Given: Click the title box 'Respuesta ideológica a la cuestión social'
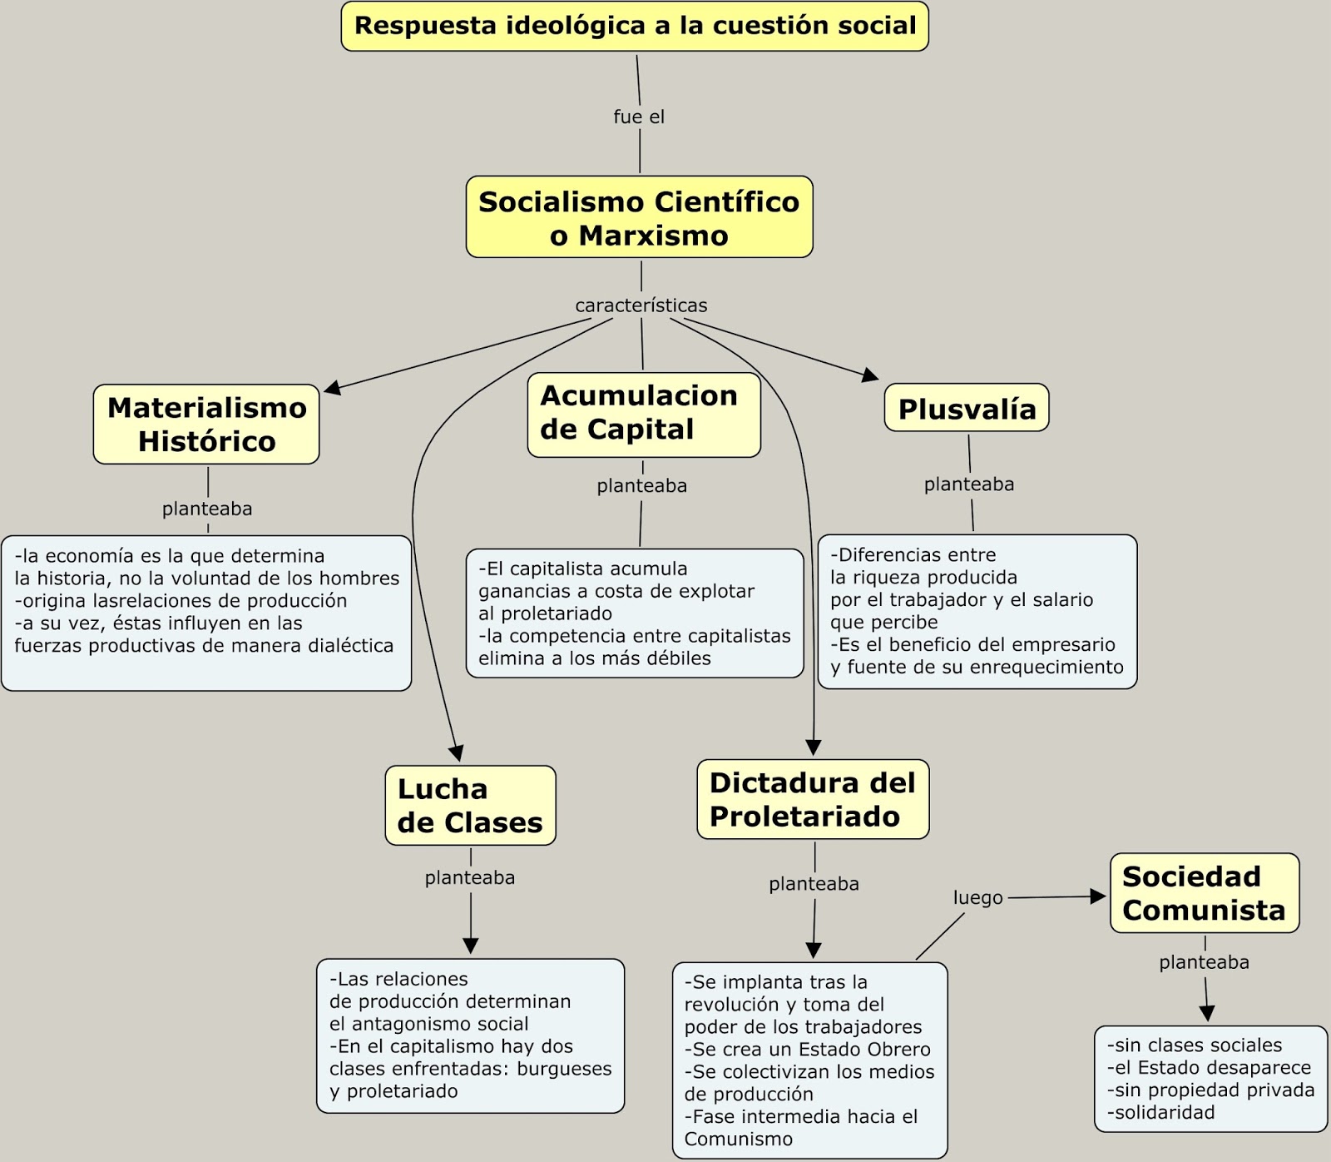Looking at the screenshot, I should coord(635,26).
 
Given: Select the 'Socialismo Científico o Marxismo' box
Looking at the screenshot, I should coord(639,217).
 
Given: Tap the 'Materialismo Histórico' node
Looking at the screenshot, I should coord(206,425).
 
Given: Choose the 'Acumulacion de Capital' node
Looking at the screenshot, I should coord(643,413).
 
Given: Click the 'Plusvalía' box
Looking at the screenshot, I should coord(967,409).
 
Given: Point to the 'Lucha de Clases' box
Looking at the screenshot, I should coord(470,806).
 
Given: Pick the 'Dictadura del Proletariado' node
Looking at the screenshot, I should coord(813,799).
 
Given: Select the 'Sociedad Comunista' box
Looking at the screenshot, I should coord(1204,893).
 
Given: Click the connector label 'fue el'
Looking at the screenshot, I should coord(639,117).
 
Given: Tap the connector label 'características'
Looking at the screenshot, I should coord(641,305).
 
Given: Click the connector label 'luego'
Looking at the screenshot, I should coord(977,898).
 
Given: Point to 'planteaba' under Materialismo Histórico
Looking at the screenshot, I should coord(207,509).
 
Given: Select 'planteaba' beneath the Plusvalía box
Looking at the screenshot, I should coord(969,484).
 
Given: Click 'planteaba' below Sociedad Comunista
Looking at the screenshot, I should coord(1204,962).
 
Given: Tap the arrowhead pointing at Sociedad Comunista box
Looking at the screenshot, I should coord(1098,896).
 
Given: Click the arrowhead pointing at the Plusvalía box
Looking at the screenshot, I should coord(871,375).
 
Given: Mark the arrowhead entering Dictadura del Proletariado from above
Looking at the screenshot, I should coord(814,747).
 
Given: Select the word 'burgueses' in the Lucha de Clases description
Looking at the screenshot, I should coord(564,1069).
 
